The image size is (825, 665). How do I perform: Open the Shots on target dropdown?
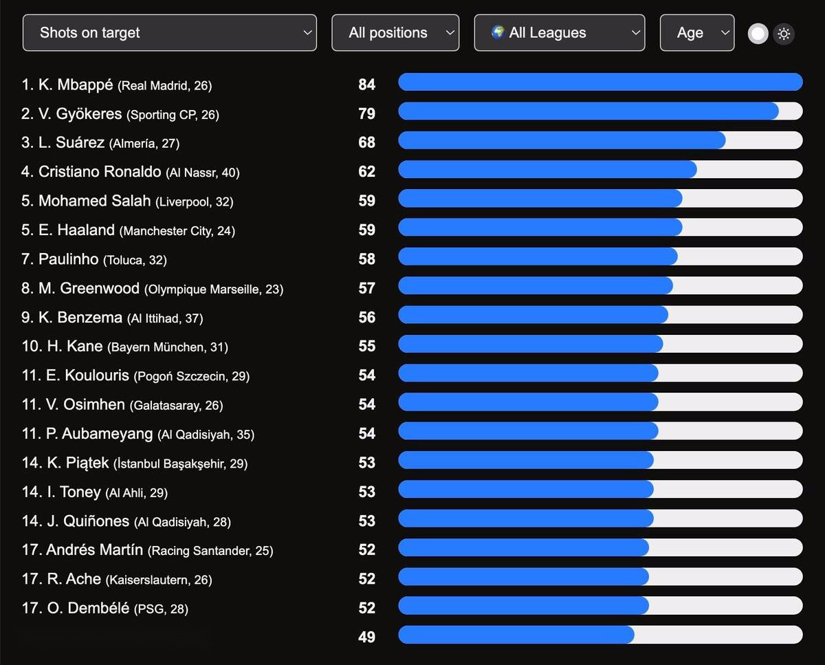click(169, 33)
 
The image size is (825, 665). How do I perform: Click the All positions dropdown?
click(395, 33)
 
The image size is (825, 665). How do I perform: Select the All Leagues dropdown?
click(560, 33)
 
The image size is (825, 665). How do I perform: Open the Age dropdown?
click(696, 33)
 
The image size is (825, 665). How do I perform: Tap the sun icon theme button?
click(784, 34)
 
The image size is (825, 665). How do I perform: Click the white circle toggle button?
click(758, 34)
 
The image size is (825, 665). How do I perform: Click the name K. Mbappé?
click(76, 85)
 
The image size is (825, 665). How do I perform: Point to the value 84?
click(366, 85)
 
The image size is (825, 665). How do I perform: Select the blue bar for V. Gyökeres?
click(588, 111)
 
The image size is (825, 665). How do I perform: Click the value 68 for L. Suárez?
click(366, 142)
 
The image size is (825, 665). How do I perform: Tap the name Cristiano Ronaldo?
click(99, 172)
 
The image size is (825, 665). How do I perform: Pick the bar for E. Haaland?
click(540, 227)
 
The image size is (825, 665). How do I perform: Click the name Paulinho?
click(68, 259)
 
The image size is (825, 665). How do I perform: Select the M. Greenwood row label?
click(89, 289)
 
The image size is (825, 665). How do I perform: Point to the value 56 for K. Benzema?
click(366, 317)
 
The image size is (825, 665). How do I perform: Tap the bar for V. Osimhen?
click(528, 402)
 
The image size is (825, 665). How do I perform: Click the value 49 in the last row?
click(366, 637)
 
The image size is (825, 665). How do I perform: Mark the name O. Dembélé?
click(87, 608)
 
